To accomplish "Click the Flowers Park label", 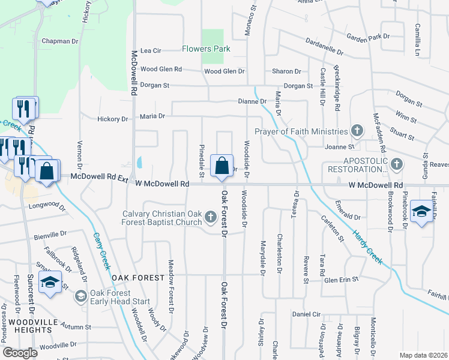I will [x=206, y=49].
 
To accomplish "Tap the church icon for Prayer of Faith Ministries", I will [x=357, y=131].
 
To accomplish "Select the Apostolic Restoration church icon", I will [x=396, y=164].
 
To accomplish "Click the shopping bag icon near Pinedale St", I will [x=221, y=165].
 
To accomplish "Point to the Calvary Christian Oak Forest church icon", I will [x=210, y=216].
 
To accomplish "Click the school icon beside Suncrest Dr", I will [x=50, y=281].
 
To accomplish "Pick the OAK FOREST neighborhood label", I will [x=137, y=278].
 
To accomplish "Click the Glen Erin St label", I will [x=341, y=279].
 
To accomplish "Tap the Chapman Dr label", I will [x=60, y=41].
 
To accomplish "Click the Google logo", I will [x=20, y=353].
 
